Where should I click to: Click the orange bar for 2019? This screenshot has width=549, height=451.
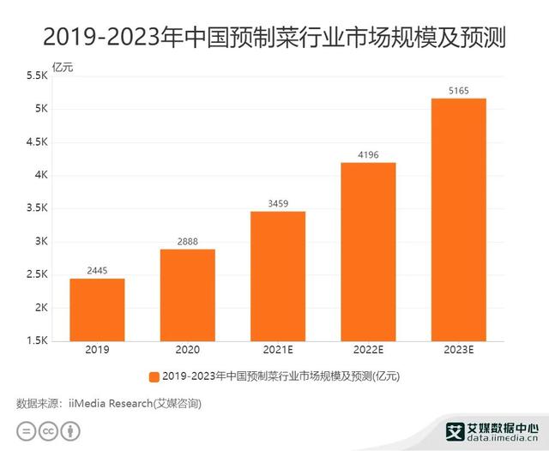pos(97,310)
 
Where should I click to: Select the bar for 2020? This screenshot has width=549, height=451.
pos(187,295)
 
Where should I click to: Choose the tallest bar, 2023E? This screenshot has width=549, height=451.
pos(458,219)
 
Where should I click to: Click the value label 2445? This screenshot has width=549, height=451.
pos(97,270)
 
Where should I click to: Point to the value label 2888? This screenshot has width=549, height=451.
pos(187,241)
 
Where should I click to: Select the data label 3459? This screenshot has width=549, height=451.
pos(277,203)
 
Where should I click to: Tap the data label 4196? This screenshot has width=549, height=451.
pos(368,154)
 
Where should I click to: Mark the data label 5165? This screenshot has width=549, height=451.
pos(458,90)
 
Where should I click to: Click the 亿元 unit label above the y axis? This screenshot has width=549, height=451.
pos(63,68)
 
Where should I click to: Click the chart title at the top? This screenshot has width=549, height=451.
pos(274,37)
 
